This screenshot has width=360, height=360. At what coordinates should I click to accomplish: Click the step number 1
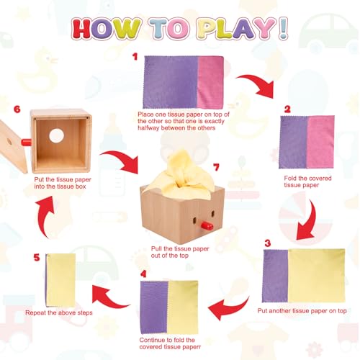coord(135,55)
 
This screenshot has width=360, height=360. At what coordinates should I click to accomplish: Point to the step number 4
coord(143,274)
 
